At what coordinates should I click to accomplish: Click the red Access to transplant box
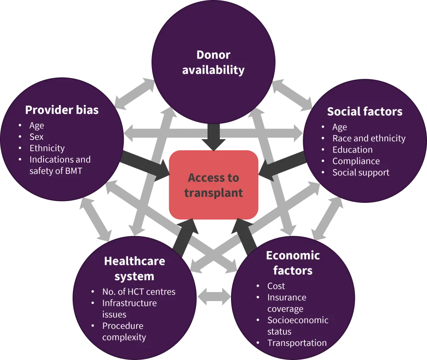(213, 185)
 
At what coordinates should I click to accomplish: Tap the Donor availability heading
(213, 62)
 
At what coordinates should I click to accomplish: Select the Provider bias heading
(62, 110)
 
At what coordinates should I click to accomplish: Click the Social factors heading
(365, 111)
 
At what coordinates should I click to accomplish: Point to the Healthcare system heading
(135, 268)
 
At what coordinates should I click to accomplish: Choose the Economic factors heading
(293, 263)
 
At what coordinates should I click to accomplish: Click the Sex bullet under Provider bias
(36, 137)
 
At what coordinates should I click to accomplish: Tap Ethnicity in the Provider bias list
(47, 148)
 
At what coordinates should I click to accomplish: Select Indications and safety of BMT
(60, 165)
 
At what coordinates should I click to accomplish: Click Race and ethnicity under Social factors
(369, 138)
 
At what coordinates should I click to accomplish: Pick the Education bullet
(352, 149)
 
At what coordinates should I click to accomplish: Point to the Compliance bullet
(356, 161)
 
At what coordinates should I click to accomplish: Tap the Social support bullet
(361, 173)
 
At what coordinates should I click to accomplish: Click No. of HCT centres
(139, 292)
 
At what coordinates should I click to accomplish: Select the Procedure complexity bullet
(124, 331)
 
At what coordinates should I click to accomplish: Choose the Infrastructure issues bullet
(129, 308)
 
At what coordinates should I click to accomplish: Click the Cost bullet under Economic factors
(276, 286)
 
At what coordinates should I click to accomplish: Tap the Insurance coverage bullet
(286, 303)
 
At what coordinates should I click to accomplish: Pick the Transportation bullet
(297, 343)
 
